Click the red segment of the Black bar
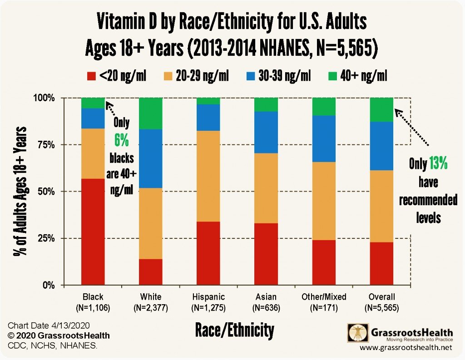pos(93,232)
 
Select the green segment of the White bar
pos(151,113)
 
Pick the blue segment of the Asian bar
pos(266,132)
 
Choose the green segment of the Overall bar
pos(381,109)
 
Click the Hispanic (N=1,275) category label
pos(208,302)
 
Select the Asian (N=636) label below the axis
pos(266,302)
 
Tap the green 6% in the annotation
pos(122,140)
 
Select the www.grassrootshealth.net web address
pos(406,348)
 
